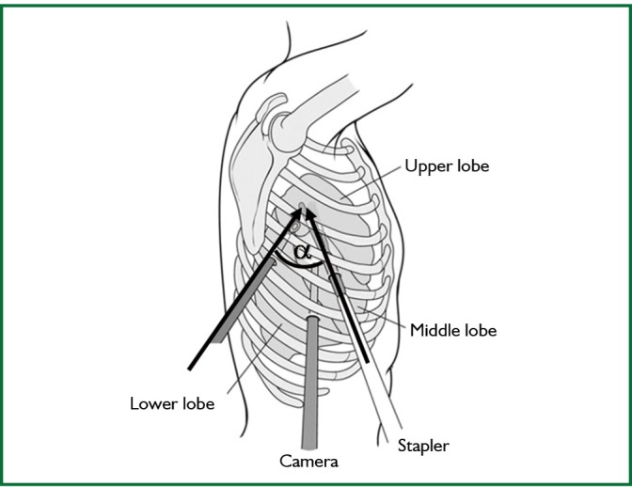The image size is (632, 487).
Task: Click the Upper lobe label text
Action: pos(447,166)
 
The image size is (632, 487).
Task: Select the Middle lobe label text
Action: pos(452,330)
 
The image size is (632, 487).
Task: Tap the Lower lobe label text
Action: pos(172,404)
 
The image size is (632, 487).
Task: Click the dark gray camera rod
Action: pos(311,376)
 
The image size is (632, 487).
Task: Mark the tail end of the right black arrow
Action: pos(366,361)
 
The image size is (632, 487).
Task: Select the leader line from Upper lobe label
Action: pos(371,182)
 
